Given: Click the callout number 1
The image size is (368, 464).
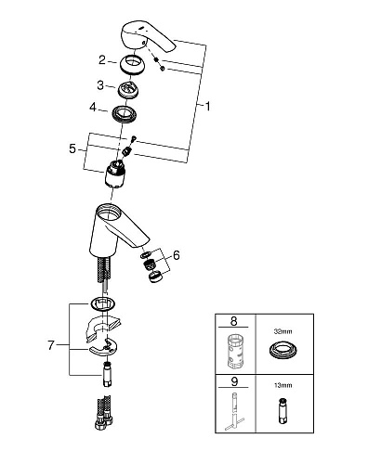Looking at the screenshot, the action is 208,107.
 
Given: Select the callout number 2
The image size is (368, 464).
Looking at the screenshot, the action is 102,60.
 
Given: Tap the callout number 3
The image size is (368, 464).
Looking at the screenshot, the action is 100,85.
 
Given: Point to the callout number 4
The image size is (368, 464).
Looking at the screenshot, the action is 93,108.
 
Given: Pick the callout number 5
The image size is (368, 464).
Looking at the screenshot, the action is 72,148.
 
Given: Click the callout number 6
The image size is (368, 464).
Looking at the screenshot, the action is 177,255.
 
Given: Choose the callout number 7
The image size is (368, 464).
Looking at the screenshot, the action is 51,345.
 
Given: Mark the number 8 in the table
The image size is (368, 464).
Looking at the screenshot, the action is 233,321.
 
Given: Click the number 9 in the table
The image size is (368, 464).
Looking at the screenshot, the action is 234,381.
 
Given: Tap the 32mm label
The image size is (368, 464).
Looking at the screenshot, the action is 283,331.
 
